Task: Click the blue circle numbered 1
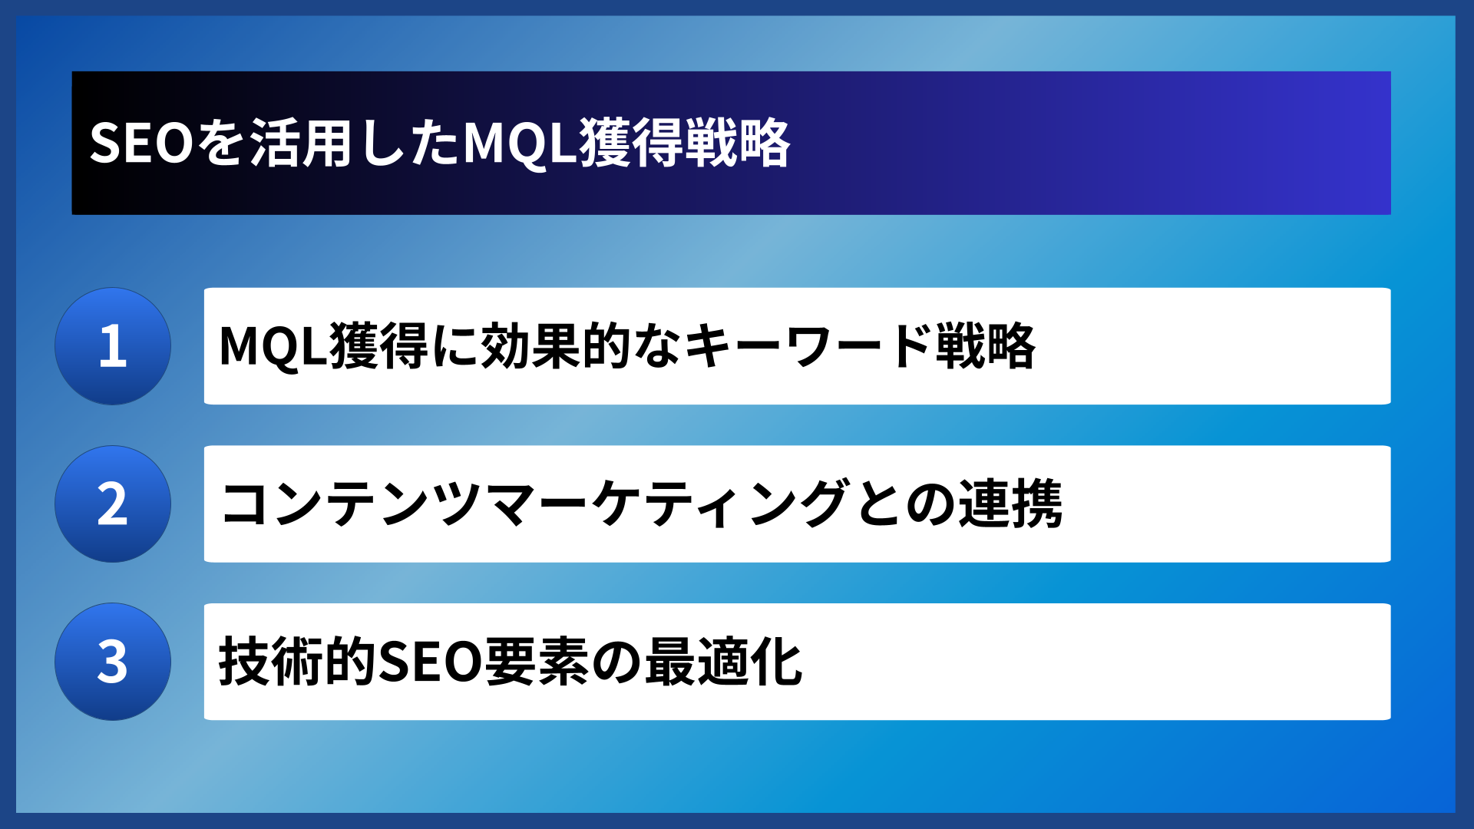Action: pyautogui.click(x=113, y=346)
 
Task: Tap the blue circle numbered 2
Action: pyautogui.click(x=113, y=504)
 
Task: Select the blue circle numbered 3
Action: pyautogui.click(x=113, y=662)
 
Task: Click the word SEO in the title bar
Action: pyautogui.click(x=140, y=144)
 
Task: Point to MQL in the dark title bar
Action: pyautogui.click(x=520, y=144)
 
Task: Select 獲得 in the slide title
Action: pyautogui.click(x=631, y=144)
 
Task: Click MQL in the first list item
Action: pyautogui.click(x=273, y=346)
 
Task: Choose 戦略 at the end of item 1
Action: pyautogui.click(x=986, y=346)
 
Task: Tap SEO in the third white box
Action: pyautogui.click(x=430, y=662)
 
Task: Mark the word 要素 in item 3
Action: pyautogui.click(x=536, y=662)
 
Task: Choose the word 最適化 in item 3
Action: pyautogui.click(x=723, y=662)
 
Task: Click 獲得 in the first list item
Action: pyautogui.click(x=379, y=346)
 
